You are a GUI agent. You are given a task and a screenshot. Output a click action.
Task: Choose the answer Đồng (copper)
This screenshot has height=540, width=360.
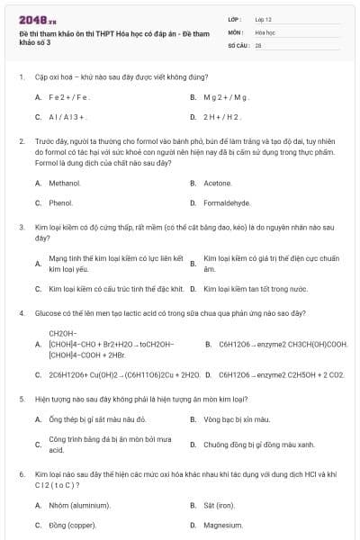pos(72,525)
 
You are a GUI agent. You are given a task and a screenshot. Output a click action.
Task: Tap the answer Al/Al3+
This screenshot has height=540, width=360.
pos(67,117)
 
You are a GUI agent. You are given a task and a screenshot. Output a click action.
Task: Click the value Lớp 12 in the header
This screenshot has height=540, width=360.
pos(262,18)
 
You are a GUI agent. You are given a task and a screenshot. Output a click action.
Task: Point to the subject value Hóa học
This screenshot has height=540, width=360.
pos(265,31)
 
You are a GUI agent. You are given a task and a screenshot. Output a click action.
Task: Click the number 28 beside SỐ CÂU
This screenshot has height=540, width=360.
pos(258,45)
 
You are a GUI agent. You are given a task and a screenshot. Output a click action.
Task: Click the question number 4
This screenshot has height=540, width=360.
pos(21,313)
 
